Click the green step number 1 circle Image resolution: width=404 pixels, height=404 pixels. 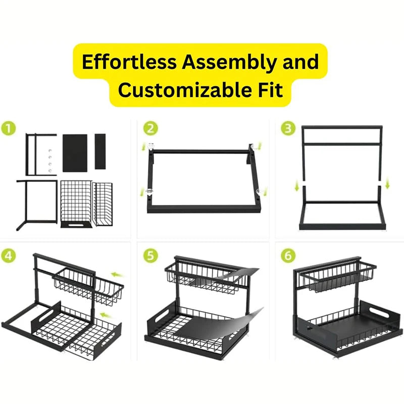(9, 128)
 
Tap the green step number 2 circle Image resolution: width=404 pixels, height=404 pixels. (150, 128)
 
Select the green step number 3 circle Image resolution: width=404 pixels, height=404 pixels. (288, 128)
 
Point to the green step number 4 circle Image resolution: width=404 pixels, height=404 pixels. (9, 256)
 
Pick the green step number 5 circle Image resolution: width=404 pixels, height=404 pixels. (150, 256)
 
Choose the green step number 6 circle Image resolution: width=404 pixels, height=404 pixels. (288, 256)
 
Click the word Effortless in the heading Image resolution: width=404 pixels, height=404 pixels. (129, 62)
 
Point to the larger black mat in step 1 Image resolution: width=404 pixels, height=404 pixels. (75, 153)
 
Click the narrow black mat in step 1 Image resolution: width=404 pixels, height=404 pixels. (100, 151)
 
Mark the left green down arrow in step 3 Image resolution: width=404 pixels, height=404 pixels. (297, 186)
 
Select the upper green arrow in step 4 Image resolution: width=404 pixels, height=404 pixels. (117, 275)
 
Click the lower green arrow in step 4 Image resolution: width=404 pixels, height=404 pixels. (107, 315)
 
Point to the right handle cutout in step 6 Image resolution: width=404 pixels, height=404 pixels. (379, 313)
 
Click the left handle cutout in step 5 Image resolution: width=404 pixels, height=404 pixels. (162, 315)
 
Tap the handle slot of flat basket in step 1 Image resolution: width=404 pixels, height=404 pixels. (76, 225)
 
